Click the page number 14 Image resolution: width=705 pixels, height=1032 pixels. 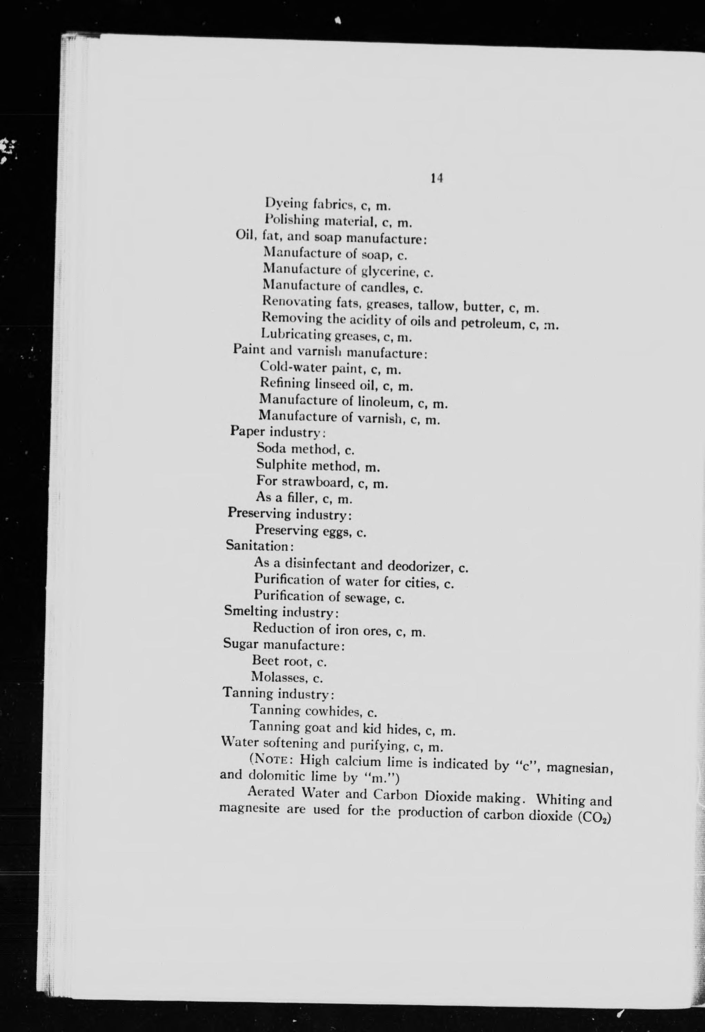[x=437, y=178]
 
